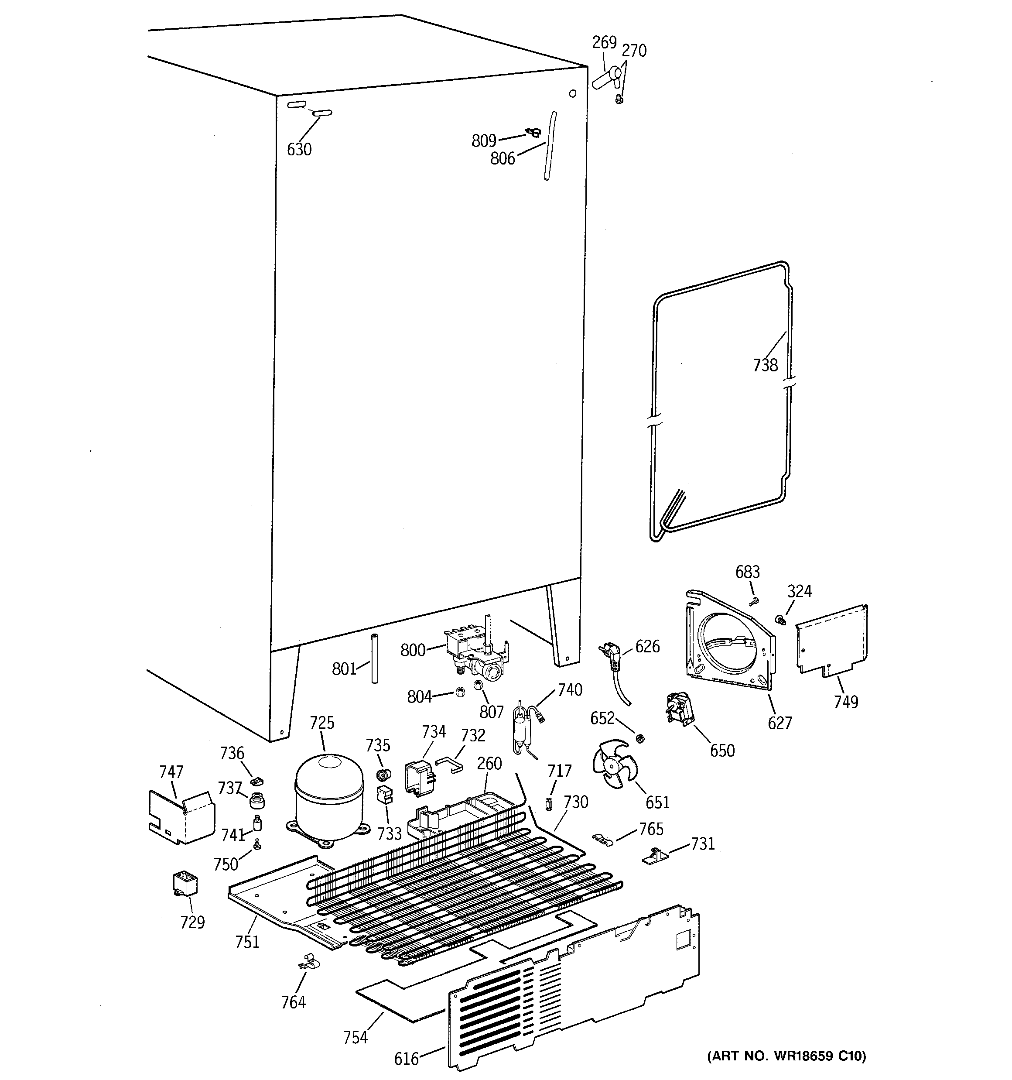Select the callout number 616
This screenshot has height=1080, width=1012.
click(x=406, y=1058)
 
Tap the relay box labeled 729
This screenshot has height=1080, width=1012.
click(x=184, y=885)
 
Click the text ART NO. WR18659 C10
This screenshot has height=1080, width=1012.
click(x=786, y=1056)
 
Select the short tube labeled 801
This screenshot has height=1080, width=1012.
click(x=374, y=658)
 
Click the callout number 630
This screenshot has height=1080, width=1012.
click(x=299, y=149)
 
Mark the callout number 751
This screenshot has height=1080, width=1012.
click(x=247, y=942)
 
